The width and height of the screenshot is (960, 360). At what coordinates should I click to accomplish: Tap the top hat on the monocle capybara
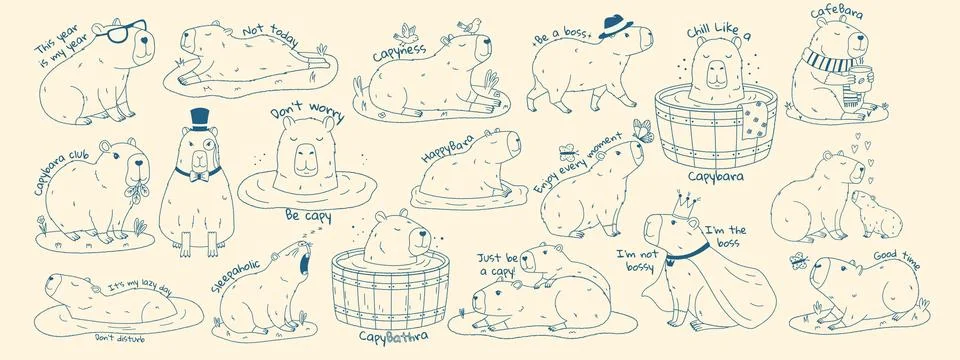coord(195,119)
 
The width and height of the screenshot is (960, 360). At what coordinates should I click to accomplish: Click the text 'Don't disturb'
coord(119,339)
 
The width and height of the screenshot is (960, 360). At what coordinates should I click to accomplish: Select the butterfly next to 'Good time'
coord(798,262)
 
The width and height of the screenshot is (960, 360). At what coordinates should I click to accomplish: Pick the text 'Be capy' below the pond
coord(306,215)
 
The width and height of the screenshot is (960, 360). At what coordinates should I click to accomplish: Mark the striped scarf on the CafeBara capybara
coord(827,67)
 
